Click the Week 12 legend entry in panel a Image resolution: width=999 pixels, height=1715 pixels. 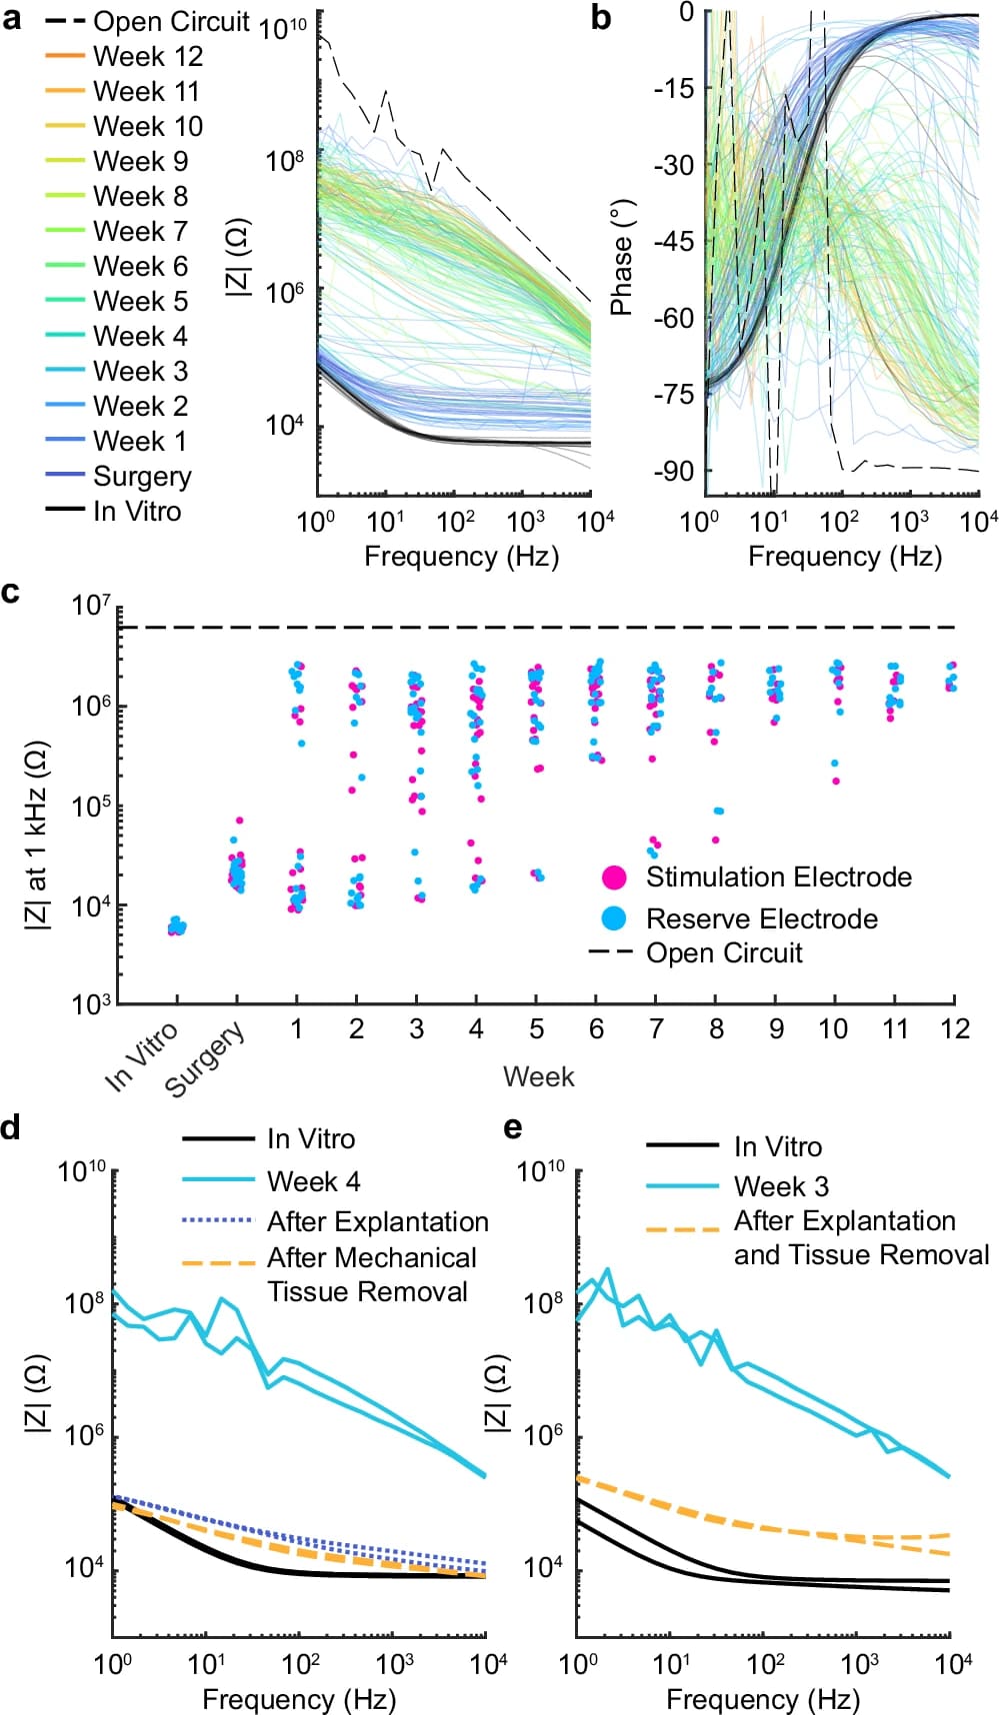click(x=148, y=57)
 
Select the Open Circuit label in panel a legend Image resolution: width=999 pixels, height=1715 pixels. click(x=171, y=22)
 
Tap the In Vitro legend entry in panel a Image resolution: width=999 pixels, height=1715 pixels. click(x=137, y=512)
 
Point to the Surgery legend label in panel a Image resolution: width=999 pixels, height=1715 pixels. click(x=142, y=477)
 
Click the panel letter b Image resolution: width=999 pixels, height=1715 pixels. click(x=601, y=18)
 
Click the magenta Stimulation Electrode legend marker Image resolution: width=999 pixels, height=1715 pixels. click(x=614, y=877)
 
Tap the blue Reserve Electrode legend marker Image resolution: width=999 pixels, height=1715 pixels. click(x=614, y=918)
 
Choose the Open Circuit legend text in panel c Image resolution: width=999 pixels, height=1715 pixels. click(x=724, y=953)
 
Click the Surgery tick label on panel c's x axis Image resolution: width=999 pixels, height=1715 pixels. click(x=205, y=1059)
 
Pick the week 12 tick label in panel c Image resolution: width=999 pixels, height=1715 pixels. click(x=955, y=1029)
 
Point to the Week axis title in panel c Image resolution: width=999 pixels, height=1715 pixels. click(x=538, y=1077)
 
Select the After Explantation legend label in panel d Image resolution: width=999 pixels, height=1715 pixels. click(x=377, y=1222)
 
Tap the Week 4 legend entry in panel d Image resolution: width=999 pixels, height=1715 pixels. click(x=313, y=1182)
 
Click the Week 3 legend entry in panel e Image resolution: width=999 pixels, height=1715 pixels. click(x=780, y=1187)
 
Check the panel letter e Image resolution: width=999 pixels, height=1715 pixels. click(x=513, y=1129)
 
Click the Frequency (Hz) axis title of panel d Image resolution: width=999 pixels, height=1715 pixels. click(x=299, y=1699)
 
